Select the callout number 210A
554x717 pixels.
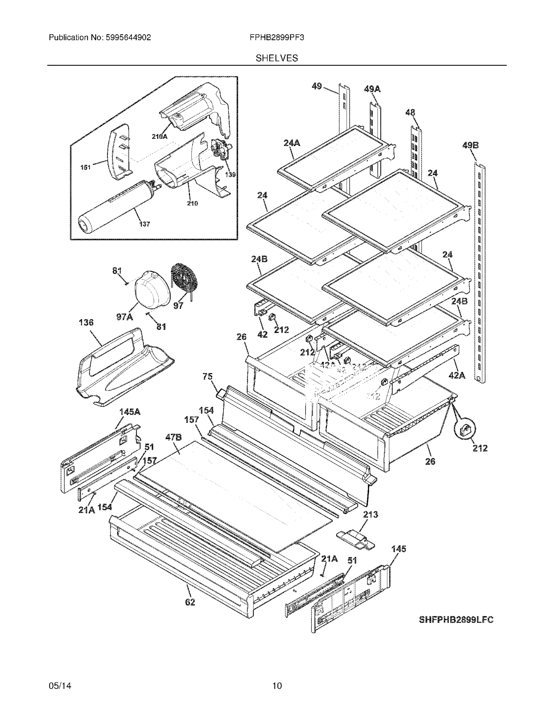coord(159,137)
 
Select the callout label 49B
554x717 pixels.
coord(470,145)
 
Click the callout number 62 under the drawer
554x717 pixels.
coord(190,602)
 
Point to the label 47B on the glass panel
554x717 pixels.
coord(173,437)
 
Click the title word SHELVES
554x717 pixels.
coord(276,58)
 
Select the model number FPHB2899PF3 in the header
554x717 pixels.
coord(276,37)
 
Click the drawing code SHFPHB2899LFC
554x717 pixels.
coord(456,620)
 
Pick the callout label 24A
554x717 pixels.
coord(292,143)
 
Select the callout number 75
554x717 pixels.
coord(208,376)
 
